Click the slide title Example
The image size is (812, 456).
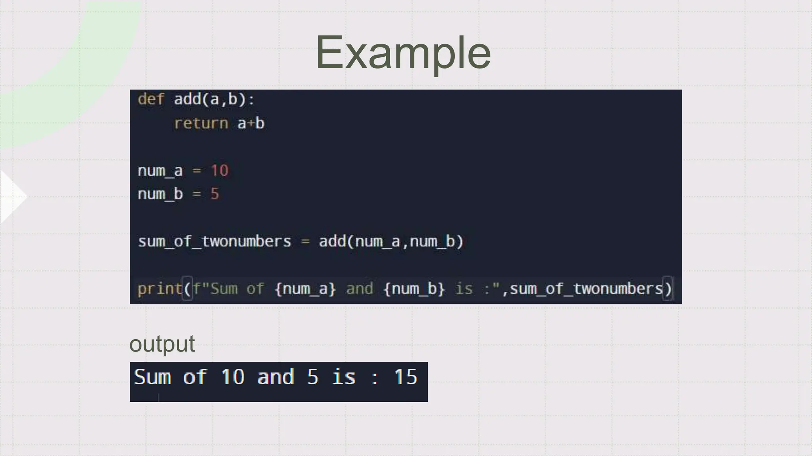(403, 53)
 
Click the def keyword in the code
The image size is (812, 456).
(151, 99)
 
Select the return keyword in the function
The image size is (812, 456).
(201, 123)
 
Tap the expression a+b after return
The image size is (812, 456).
(251, 123)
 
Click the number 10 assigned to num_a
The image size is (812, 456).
(219, 171)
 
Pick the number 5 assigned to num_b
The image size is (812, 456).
(214, 194)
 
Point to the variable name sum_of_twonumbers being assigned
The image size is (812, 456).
(214, 241)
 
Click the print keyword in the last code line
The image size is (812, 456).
(159, 289)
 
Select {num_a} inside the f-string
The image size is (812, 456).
(305, 289)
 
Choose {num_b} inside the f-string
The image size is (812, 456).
(414, 289)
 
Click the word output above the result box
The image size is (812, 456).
(162, 344)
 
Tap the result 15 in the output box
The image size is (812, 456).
(405, 376)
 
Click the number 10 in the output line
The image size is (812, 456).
(232, 376)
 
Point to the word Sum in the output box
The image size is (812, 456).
(152, 376)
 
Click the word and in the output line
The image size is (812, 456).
(276, 376)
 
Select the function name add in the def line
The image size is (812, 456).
(187, 99)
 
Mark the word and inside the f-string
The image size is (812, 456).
(359, 289)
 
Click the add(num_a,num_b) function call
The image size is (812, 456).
(391, 241)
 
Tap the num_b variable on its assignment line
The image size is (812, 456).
(160, 194)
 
